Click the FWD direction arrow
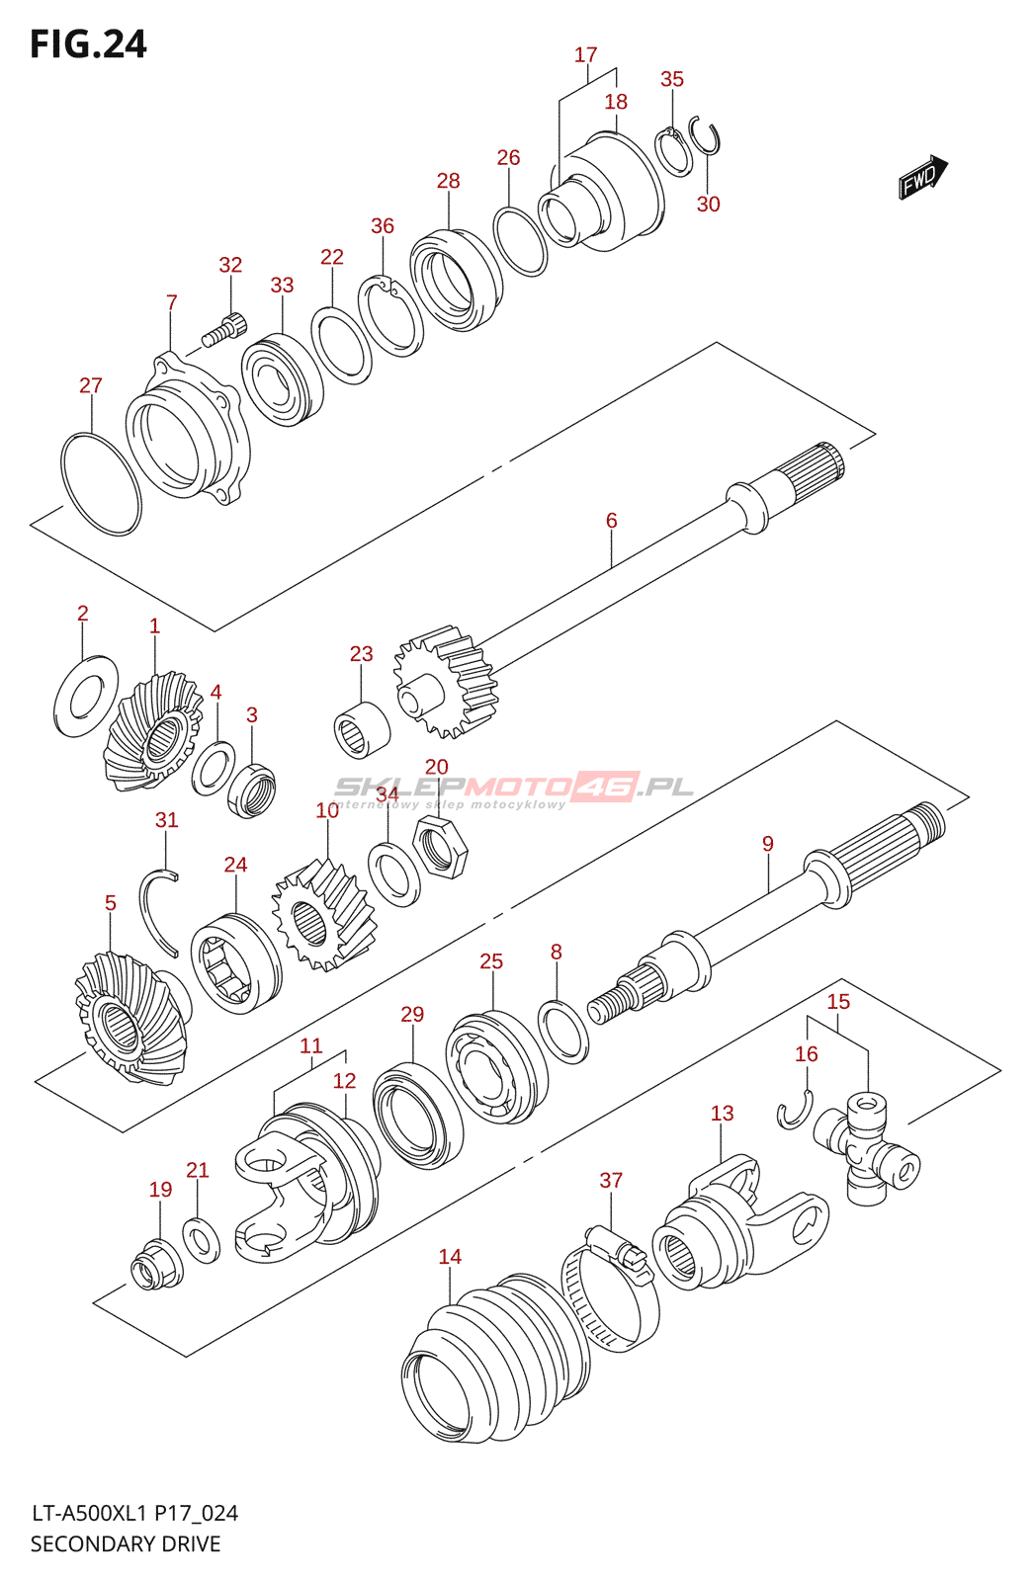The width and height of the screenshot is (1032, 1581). (922, 178)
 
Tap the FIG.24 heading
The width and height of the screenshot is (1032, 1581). (88, 44)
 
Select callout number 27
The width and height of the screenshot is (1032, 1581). (91, 385)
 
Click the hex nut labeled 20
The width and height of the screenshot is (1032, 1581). (440, 847)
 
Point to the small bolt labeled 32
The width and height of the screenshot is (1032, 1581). (224, 329)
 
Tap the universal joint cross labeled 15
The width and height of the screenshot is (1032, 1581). (867, 1149)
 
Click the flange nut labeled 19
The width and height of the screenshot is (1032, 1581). (156, 1266)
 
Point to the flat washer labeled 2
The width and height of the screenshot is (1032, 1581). (86, 696)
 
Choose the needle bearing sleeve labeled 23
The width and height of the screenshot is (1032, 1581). (361, 729)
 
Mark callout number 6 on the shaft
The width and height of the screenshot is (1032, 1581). (612, 520)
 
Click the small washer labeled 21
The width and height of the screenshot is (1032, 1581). (202, 1240)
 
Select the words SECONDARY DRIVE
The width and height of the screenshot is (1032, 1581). (126, 1543)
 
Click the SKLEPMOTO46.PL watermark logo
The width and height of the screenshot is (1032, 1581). (514, 788)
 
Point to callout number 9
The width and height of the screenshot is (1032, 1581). (768, 844)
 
